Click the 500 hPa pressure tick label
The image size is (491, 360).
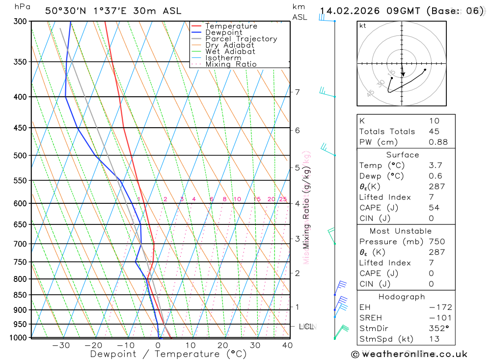point(20,156)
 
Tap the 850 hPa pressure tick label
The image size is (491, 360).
point(20,295)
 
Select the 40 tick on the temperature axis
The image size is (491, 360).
point(287,345)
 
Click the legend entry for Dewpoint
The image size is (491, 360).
point(223,32)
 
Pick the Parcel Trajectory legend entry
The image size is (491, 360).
point(241,39)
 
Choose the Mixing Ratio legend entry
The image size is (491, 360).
point(230,64)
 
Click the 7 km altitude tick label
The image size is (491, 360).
point(298,92)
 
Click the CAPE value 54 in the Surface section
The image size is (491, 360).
point(434,208)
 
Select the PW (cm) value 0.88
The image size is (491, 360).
point(438,142)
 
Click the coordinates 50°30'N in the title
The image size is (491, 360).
point(66,11)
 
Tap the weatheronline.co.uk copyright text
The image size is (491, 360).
point(409,354)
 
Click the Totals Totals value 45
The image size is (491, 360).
point(434,131)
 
